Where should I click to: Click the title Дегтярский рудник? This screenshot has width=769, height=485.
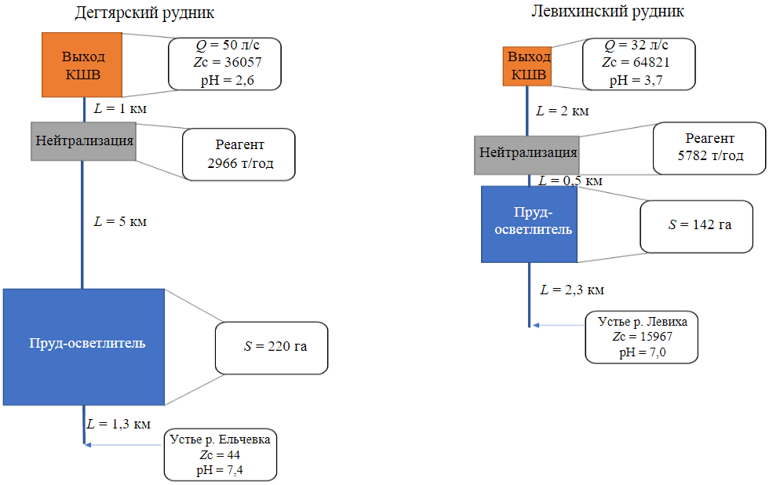point(144,13)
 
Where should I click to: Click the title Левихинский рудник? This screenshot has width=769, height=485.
point(607,12)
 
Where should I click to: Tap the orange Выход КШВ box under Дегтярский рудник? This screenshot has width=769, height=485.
point(83,64)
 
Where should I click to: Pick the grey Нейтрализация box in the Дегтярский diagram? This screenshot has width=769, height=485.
point(83,140)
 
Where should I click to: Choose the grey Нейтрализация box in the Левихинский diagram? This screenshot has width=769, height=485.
point(527,154)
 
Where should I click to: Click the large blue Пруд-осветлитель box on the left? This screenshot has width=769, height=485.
point(84,346)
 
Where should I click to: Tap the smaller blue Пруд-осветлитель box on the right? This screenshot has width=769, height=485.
point(529,224)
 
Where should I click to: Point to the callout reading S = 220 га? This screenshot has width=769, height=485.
point(272,346)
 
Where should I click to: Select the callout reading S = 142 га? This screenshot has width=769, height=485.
point(696,225)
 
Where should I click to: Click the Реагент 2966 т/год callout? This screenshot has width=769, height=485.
point(239,155)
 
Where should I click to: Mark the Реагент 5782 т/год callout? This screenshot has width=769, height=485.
point(709,148)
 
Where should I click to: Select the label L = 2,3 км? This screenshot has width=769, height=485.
point(572,290)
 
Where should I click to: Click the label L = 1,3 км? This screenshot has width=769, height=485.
point(118,424)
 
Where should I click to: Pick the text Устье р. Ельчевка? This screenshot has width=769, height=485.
point(220,439)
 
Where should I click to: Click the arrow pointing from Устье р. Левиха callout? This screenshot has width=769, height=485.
point(557,325)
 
